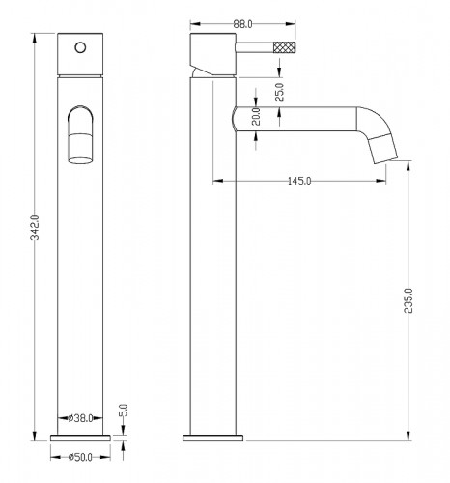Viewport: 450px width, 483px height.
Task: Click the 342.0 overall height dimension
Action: click(35, 227)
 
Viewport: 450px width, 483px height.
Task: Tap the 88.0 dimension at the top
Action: click(242, 24)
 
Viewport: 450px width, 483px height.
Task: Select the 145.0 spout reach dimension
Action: click(299, 181)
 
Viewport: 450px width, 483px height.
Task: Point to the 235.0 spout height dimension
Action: click(408, 300)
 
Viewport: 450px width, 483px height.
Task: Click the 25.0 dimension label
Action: click(280, 93)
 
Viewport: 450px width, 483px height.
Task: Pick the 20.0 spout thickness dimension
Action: click(256, 117)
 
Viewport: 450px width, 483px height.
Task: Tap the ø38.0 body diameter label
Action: click(80, 418)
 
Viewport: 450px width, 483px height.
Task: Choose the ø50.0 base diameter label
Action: click(80, 457)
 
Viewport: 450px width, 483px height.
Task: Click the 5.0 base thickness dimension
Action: click(124, 411)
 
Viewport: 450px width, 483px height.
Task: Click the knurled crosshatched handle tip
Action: click(285, 47)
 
